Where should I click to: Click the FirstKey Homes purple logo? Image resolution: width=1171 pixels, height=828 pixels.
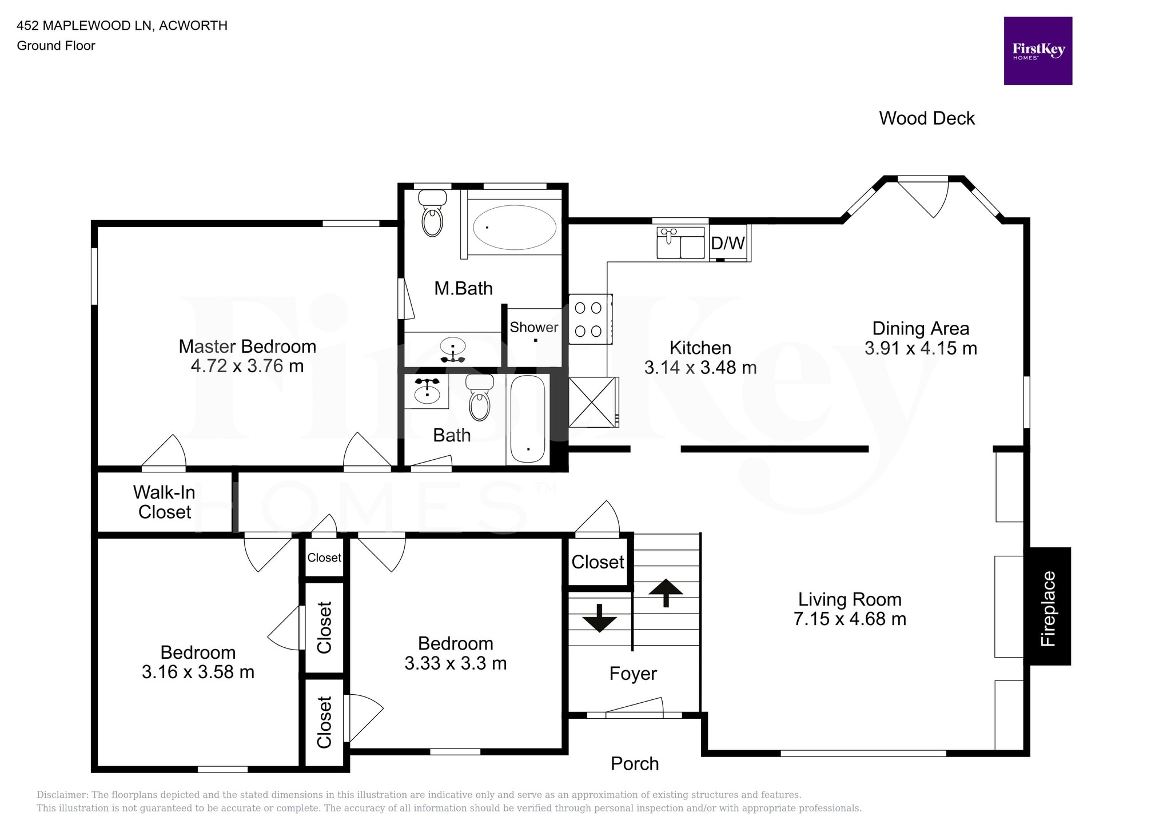pyautogui.click(x=1038, y=51)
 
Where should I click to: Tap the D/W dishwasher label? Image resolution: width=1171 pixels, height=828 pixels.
pyautogui.click(x=728, y=243)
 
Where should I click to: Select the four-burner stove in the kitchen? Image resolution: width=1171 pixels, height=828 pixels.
pyautogui.click(x=589, y=319)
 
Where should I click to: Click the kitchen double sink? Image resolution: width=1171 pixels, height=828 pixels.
pyautogui.click(x=680, y=242)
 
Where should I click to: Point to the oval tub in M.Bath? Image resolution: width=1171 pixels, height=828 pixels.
pyautogui.click(x=514, y=227)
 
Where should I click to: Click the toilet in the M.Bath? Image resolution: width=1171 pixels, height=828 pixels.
pyautogui.click(x=432, y=214)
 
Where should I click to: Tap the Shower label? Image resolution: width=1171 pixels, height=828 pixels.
pyautogui.click(x=533, y=327)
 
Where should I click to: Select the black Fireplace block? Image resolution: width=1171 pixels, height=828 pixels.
pyautogui.click(x=1049, y=606)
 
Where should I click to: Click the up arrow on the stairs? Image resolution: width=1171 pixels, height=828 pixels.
pyautogui.click(x=666, y=592)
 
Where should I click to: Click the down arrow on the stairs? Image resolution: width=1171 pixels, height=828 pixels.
pyautogui.click(x=599, y=618)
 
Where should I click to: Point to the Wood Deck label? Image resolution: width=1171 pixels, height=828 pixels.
pyautogui.click(x=926, y=118)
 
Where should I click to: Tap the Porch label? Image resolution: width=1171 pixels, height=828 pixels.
pyautogui.click(x=635, y=763)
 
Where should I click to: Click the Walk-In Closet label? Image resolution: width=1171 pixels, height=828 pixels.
pyautogui.click(x=164, y=502)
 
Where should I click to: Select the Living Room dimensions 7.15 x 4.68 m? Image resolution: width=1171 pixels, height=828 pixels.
pyautogui.click(x=850, y=619)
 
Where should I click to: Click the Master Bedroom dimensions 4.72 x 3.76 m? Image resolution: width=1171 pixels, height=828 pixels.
pyautogui.click(x=247, y=366)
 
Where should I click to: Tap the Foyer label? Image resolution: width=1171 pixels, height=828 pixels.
pyautogui.click(x=633, y=674)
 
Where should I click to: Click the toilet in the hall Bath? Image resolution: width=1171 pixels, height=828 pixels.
pyautogui.click(x=479, y=398)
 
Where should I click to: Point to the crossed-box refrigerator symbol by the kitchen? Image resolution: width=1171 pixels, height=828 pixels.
pyautogui.click(x=592, y=402)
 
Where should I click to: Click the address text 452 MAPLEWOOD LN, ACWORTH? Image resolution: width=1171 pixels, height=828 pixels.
pyautogui.click(x=122, y=25)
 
